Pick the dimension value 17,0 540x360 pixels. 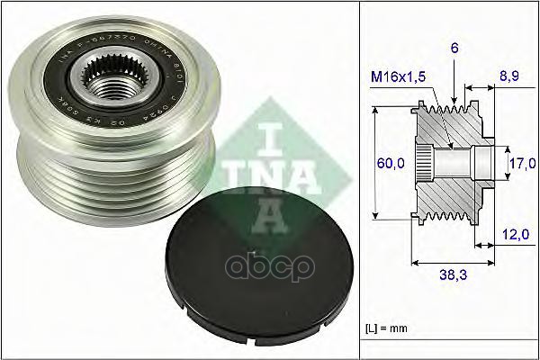point(520,165)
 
